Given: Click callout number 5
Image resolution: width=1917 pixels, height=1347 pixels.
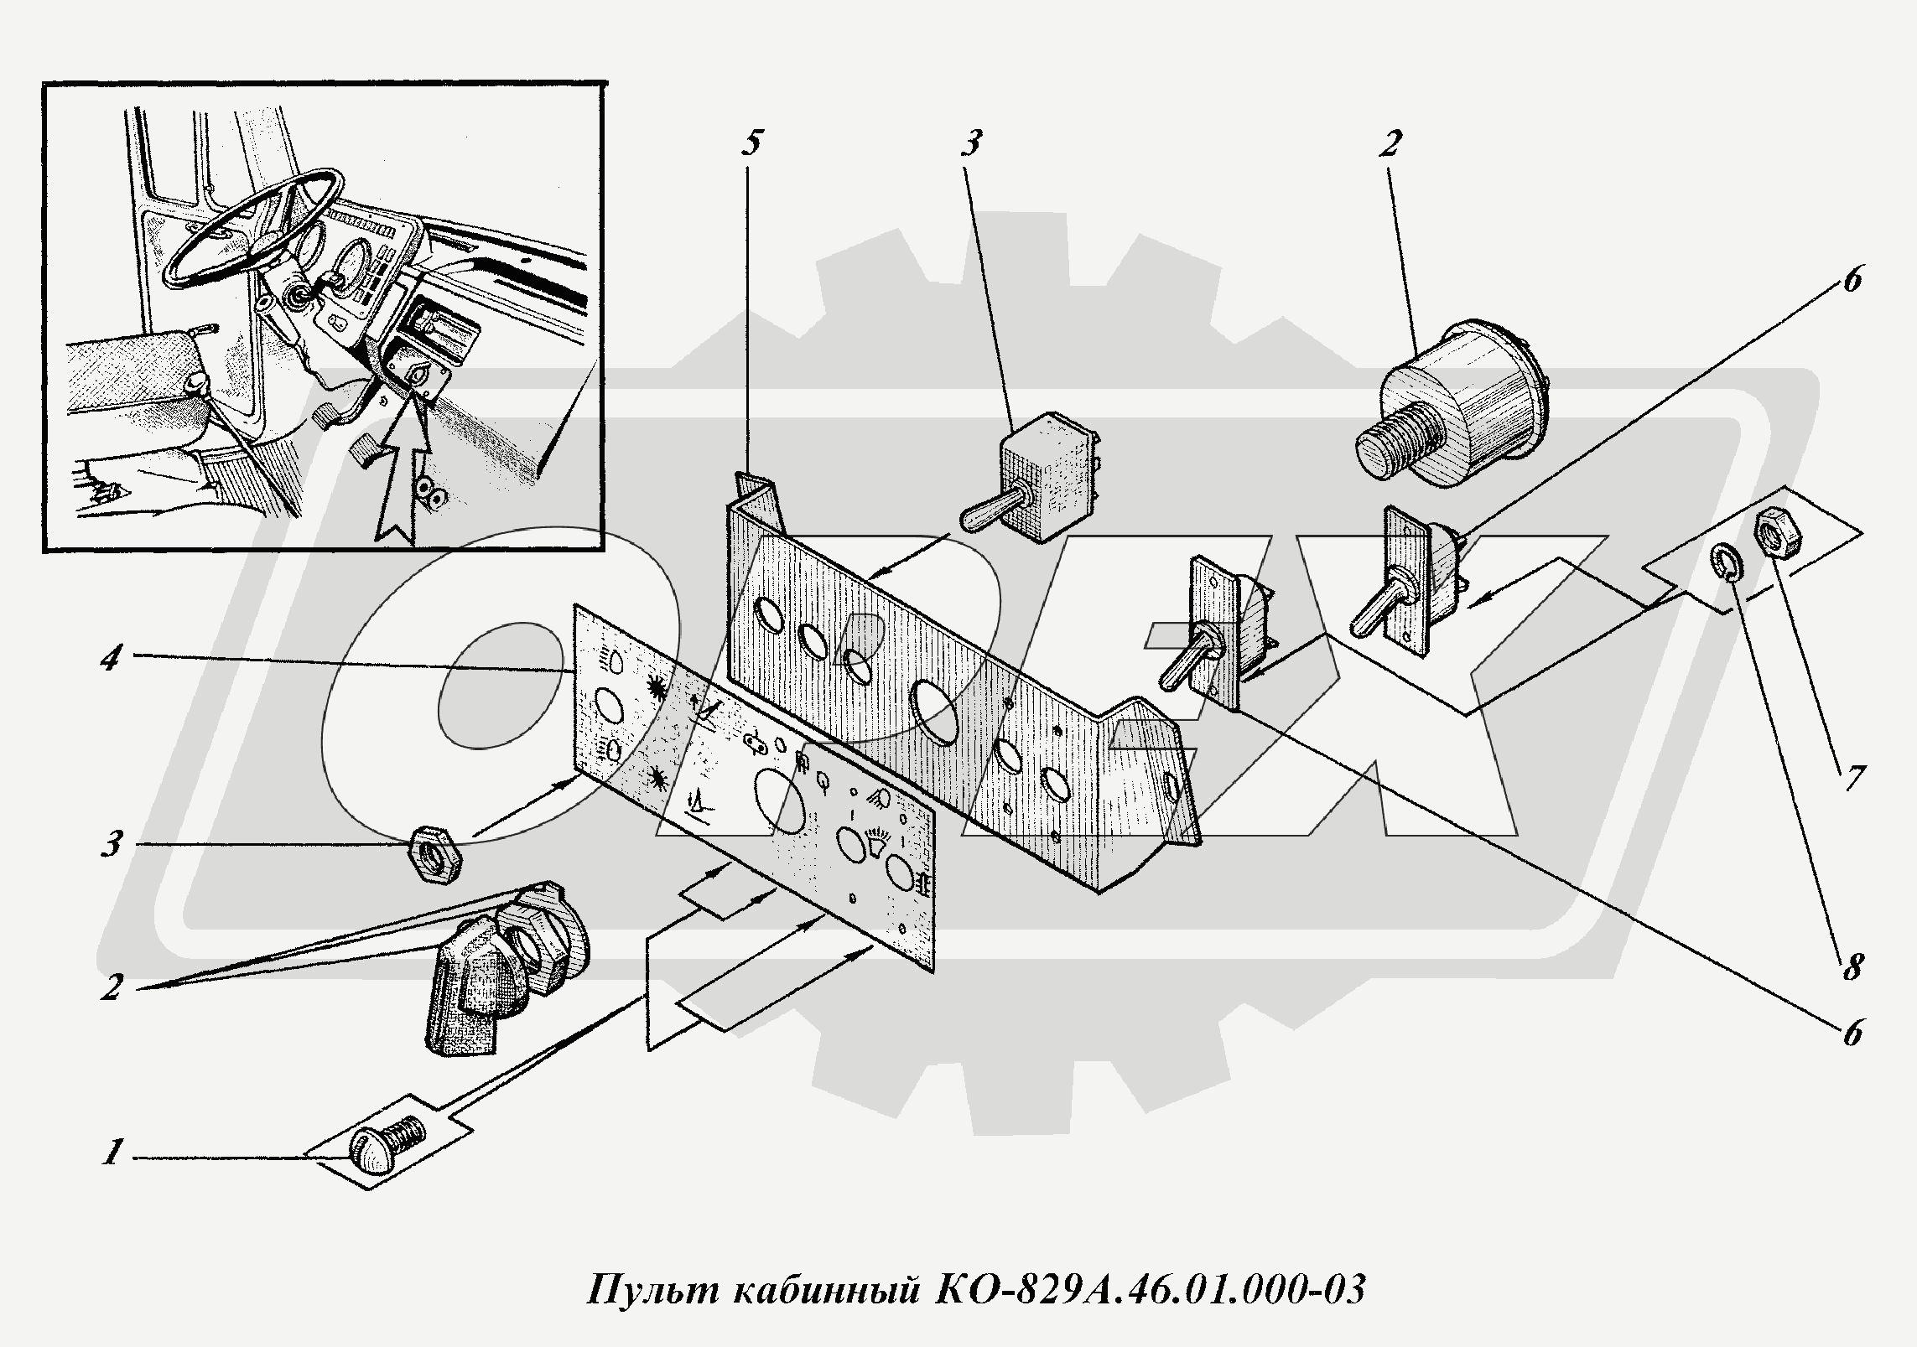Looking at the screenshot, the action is point(751,143).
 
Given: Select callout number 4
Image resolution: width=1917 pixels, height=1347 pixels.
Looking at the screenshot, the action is point(111,659).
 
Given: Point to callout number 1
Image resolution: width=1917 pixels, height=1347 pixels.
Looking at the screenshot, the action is point(111,1153).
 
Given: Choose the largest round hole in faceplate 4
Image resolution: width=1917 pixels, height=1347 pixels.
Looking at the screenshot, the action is point(779,801).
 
